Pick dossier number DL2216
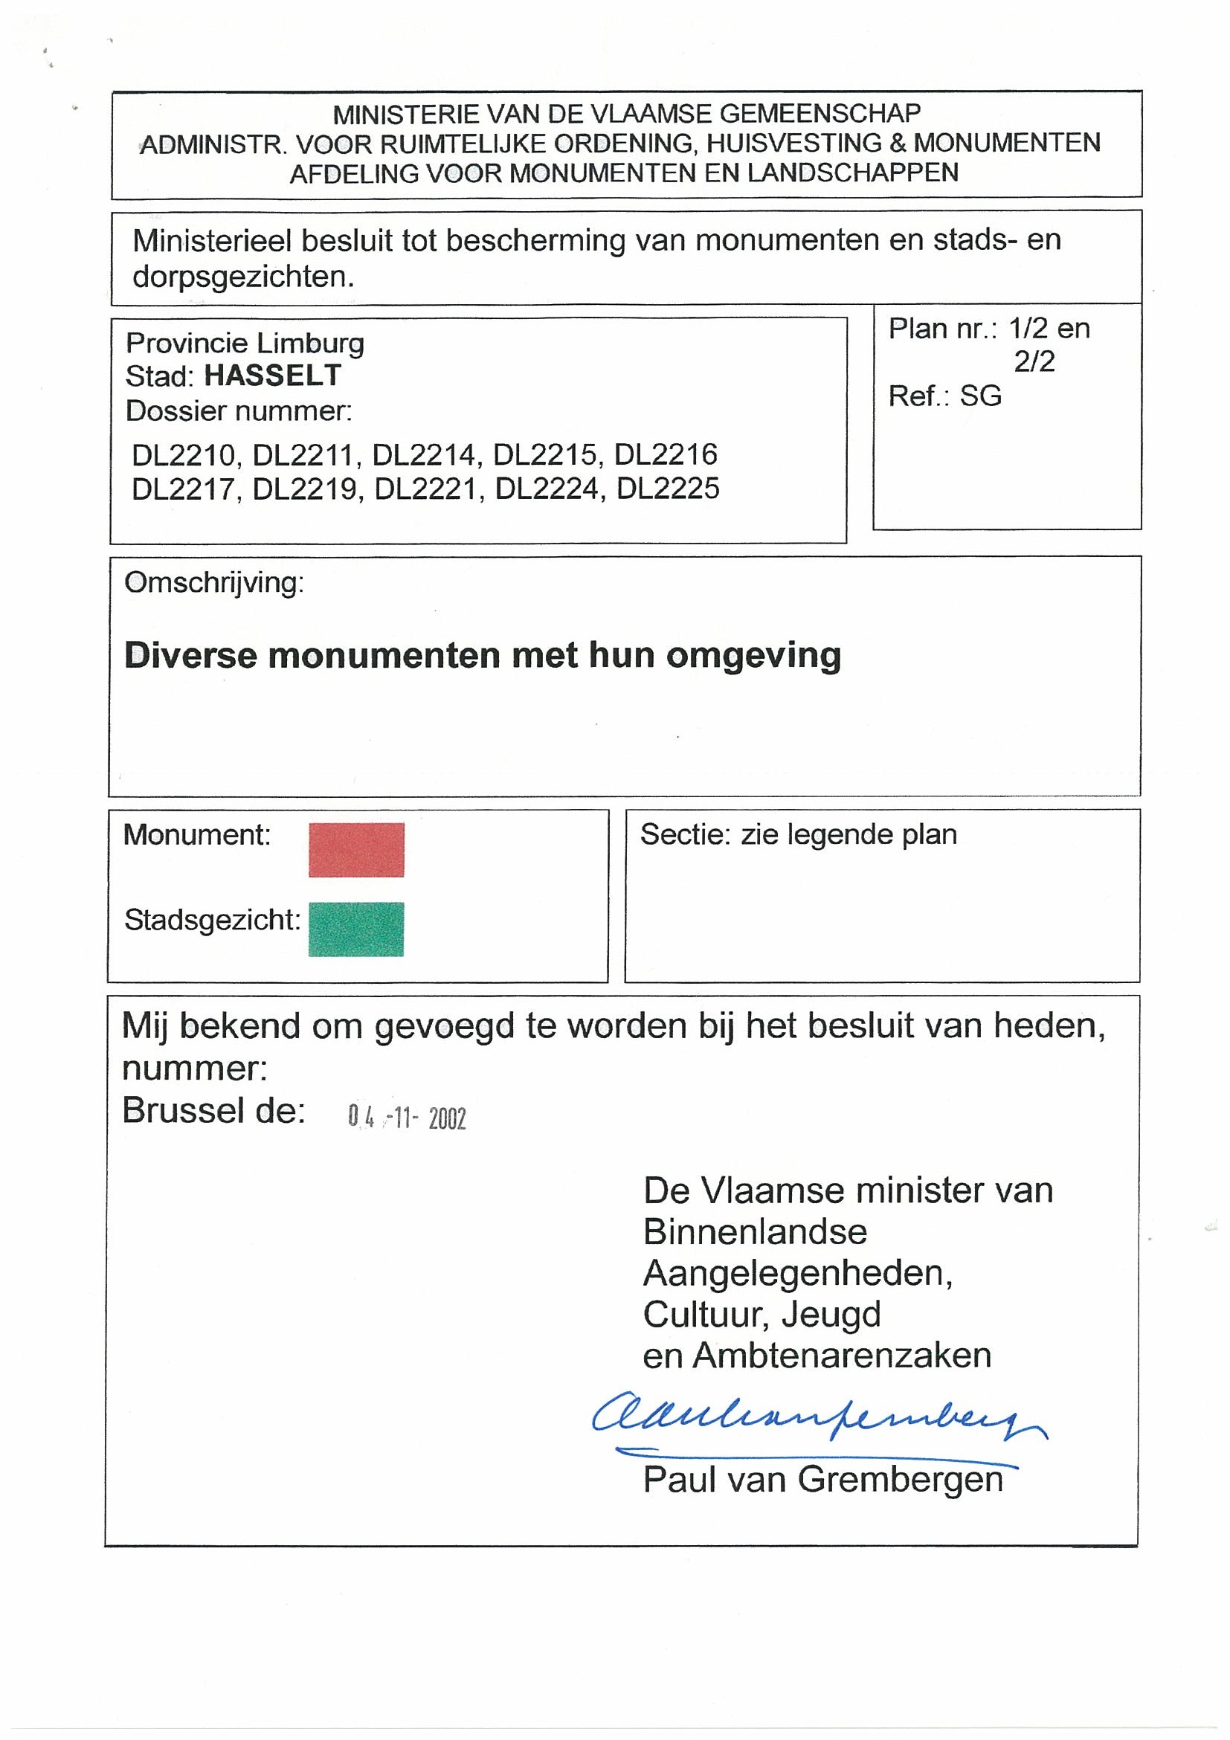point(666,454)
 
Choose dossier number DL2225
point(668,489)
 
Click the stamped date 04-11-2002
point(407,1118)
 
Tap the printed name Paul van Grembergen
point(823,1479)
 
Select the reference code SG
point(981,396)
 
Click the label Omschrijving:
point(213,583)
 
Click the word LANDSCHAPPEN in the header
point(852,173)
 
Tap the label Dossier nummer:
point(239,410)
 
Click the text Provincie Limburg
point(245,344)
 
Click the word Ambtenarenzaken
point(842,1356)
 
